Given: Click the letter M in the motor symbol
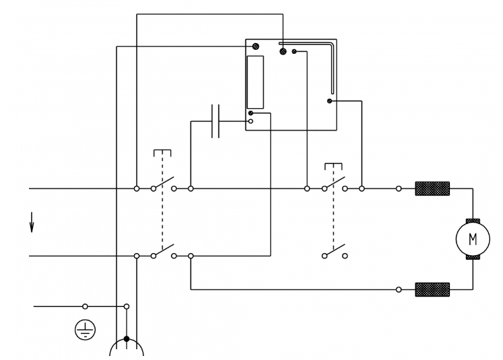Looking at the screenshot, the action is [x=473, y=239].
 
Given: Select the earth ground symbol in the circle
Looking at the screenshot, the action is [x=85, y=330].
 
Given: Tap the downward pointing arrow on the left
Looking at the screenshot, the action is [x=32, y=222].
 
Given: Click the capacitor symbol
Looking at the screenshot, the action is [x=215, y=121].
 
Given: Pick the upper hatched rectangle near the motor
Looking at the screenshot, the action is [x=432, y=188].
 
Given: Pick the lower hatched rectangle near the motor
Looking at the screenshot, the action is [x=432, y=289].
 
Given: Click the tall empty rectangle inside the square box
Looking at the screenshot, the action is [x=255, y=82].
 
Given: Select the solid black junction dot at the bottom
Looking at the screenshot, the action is [x=127, y=338].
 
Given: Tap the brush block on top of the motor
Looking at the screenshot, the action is [x=473, y=221].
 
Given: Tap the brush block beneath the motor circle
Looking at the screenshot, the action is [x=473, y=257].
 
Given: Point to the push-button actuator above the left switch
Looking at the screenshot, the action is [x=162, y=153].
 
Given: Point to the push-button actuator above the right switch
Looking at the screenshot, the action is [x=333, y=166].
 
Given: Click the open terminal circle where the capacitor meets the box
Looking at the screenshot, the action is [x=250, y=121].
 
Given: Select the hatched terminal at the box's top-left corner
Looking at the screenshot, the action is [x=255, y=46].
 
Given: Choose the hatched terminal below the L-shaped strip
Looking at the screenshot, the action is [x=329, y=101].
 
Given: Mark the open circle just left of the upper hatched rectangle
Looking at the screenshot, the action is [x=399, y=189].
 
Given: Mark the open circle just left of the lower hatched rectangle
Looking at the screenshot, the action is [x=399, y=290].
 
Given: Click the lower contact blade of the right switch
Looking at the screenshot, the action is [x=335, y=250].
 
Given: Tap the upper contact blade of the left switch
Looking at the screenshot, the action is [x=164, y=183].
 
